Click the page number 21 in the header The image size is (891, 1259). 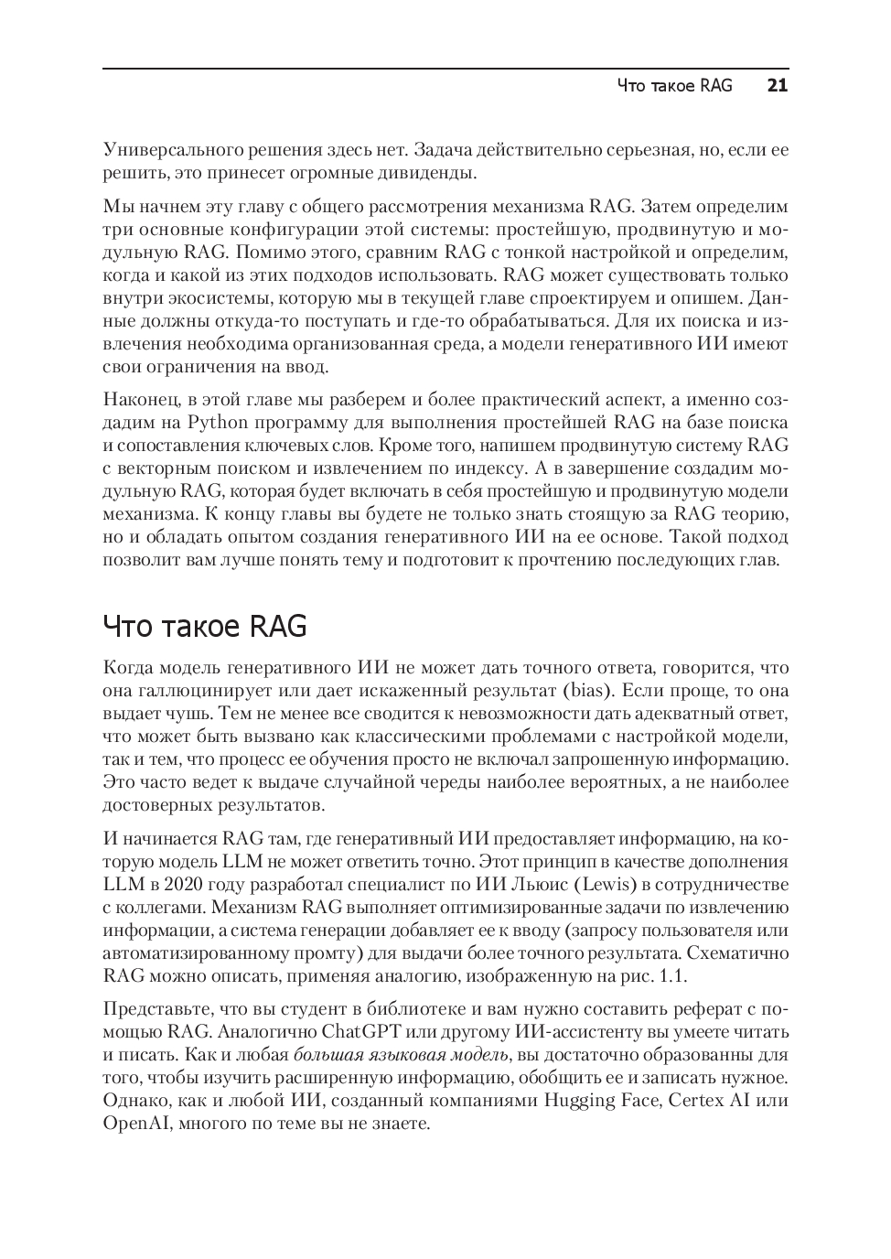pyautogui.click(x=777, y=86)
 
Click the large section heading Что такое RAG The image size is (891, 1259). pyautogui.click(x=205, y=627)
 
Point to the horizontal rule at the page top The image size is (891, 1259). pyautogui.click(x=445, y=67)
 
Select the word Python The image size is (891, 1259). pyautogui.click(x=218, y=423)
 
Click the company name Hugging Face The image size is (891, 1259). pyautogui.click(x=601, y=1100)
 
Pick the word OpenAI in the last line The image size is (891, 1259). pyautogui.click(x=134, y=1123)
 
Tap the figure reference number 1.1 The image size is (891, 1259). pyautogui.click(x=672, y=976)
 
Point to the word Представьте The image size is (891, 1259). pyautogui.click(x=156, y=1009)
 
